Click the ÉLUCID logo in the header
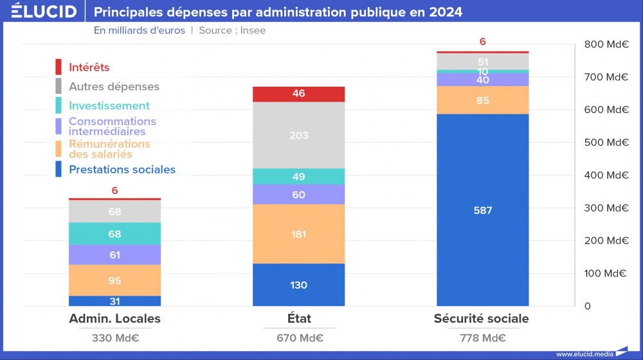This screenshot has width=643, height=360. pos(44,12)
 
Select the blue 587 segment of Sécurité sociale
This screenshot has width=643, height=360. pos(482,210)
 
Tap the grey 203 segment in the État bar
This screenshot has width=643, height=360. pos(298,136)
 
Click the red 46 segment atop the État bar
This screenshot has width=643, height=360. pos(298,94)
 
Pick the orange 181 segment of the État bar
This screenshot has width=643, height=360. pos(298,234)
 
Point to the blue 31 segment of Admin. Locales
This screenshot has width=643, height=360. pos(114,301)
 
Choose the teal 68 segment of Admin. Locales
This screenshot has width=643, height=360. pos(114,234)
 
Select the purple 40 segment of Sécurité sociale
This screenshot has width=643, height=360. pos(482,80)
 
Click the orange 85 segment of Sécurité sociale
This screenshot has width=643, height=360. pos(482,100)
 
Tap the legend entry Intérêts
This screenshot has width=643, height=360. pos(89,67)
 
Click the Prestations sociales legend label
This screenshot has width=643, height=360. pos(122,170)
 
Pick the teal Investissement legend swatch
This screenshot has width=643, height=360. pos(59,105)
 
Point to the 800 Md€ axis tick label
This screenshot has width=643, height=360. pos(606,44)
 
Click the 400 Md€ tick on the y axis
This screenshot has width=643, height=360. pos(606,175)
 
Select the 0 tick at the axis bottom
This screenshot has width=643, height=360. pos(588,306)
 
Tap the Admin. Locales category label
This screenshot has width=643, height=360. pos(114,319)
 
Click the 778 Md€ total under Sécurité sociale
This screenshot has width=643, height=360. pos(482,339)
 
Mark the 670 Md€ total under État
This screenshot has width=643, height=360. pos(298,339)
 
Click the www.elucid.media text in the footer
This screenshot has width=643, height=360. pos(583,354)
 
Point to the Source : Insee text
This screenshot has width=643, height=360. pos(232,30)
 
